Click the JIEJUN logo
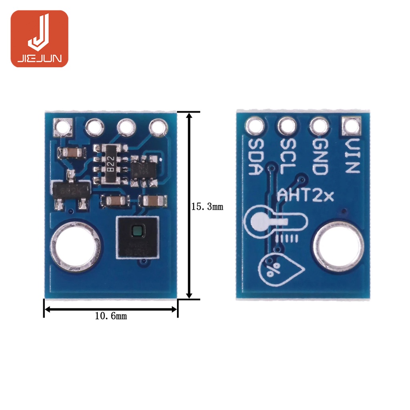tap(39, 38)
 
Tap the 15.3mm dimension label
tap(207, 207)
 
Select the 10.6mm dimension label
tap(111, 316)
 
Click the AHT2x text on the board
tap(306, 196)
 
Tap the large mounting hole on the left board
tap(75, 247)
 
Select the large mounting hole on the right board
tap(338, 245)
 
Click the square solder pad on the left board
tap(63, 127)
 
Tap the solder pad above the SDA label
tap(255, 127)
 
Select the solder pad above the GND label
tap(319, 127)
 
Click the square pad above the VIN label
tap(351, 127)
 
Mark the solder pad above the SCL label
tap(287, 127)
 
